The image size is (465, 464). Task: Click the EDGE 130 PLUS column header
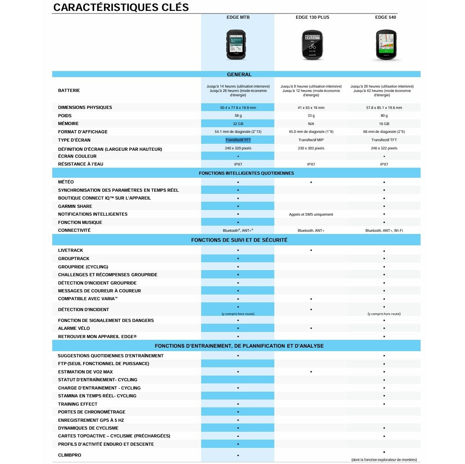coord(312,17)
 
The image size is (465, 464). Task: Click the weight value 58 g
coord(238,115)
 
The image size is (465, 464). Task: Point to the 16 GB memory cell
coord(384,124)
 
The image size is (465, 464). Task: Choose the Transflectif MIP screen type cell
coord(311,140)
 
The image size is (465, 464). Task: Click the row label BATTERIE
coord(69,91)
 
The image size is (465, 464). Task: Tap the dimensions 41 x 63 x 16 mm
coord(311,108)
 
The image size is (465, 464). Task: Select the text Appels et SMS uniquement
coord(311,214)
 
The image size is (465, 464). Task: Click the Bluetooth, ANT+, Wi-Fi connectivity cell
coord(384,230)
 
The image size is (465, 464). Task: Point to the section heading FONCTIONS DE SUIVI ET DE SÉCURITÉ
coord(239,240)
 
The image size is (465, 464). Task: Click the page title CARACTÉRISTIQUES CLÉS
coord(121,7)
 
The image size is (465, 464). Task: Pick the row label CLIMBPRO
coord(70,455)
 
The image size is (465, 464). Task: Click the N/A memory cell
coord(311,124)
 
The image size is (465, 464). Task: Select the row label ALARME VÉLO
coord(74,329)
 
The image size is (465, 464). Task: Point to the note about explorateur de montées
coord(384,460)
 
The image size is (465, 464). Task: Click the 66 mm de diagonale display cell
coord(384,132)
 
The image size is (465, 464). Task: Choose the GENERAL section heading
coord(239,75)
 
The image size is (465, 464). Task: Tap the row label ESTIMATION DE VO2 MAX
coord(85,372)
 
